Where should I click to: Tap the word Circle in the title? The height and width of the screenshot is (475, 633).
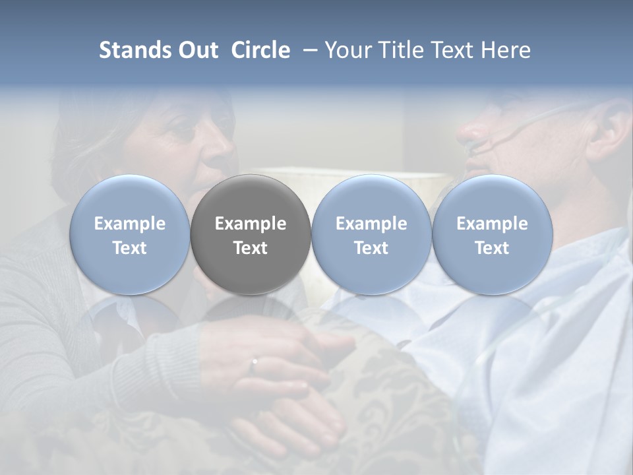pyautogui.click(x=260, y=50)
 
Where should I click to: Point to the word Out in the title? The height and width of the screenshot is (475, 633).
pyautogui.click(x=198, y=50)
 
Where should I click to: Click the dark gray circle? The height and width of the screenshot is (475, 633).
pyautogui.click(x=251, y=234)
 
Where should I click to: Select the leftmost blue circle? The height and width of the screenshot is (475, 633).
pyautogui.click(x=129, y=234)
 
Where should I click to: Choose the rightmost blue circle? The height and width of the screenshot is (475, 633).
pyautogui.click(x=492, y=234)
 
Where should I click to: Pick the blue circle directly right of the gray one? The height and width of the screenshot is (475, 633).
pyautogui.click(x=371, y=234)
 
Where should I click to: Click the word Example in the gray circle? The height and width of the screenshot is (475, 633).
pyautogui.click(x=251, y=224)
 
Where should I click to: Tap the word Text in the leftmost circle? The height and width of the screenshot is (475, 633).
pyautogui.click(x=129, y=248)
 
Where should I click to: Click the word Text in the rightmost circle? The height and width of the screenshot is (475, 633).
pyautogui.click(x=492, y=248)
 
